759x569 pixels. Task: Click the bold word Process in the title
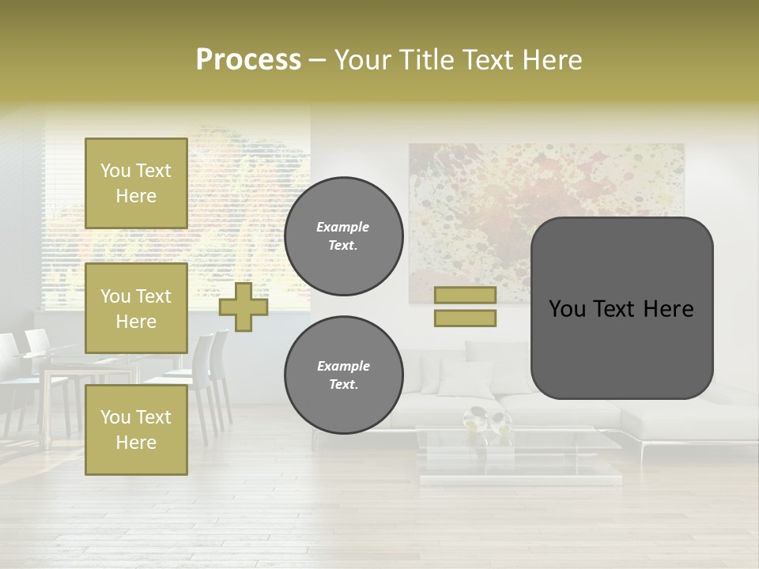point(248,60)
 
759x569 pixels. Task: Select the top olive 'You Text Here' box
point(136,183)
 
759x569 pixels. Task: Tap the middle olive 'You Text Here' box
point(136,308)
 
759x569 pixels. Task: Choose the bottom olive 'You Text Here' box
point(136,430)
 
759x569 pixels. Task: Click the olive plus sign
point(243,307)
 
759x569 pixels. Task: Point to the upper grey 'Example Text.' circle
point(343,236)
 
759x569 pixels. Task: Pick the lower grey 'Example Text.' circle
point(343,375)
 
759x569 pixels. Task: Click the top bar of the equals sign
point(465,296)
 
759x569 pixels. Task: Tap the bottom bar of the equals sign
point(465,318)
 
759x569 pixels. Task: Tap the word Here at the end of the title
point(553,60)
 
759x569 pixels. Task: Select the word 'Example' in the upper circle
point(343,228)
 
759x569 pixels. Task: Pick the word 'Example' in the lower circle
point(343,367)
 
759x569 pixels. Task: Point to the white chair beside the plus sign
point(207,379)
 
